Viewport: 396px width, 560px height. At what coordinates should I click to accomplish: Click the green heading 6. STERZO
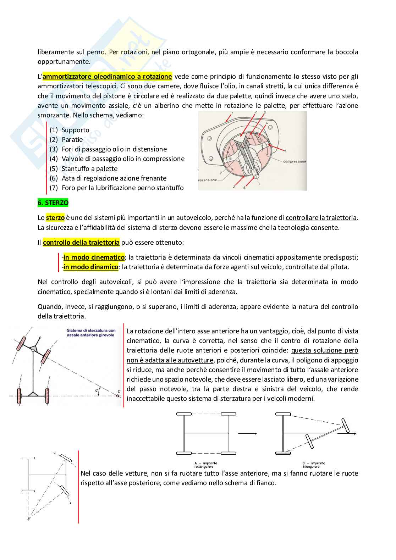[53, 203]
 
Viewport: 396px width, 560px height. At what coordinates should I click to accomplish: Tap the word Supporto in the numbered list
[75, 130]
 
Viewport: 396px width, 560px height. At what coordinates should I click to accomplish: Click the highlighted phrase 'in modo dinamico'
[91, 267]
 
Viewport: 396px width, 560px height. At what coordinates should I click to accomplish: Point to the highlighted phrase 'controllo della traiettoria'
[81, 243]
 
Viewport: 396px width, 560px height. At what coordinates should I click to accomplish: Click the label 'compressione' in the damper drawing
[294, 161]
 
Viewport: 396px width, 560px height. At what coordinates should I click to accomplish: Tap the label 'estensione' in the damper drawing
[207, 180]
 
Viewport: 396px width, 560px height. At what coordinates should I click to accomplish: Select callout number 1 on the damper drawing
[232, 113]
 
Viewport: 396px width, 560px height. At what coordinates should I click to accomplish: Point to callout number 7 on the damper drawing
[220, 173]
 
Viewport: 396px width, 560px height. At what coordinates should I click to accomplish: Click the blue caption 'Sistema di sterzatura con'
[91, 330]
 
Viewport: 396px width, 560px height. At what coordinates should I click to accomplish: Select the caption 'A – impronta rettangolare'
[206, 465]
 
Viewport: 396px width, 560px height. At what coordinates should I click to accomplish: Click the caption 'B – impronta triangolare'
[313, 465]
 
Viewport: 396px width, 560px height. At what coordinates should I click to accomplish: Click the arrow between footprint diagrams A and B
[247, 433]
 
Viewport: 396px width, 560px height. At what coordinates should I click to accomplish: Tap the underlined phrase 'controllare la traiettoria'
[321, 218]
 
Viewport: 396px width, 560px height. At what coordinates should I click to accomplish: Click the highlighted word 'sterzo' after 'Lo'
[55, 218]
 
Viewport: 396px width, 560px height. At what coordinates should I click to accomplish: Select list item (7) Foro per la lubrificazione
[122, 188]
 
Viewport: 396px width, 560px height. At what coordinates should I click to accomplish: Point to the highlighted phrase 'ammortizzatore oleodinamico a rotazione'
[107, 76]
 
